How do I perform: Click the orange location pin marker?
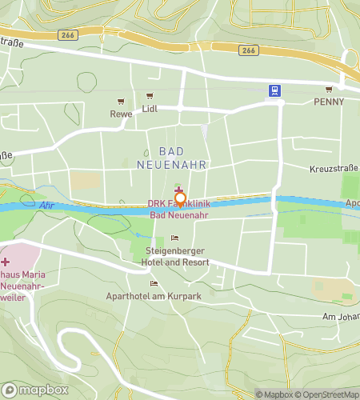pos(180,199)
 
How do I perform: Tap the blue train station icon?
pos(274,90)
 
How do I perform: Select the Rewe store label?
pos(121,114)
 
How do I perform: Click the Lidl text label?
pos(150,108)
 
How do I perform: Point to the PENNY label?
pos(329,102)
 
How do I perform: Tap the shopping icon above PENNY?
pos(329,89)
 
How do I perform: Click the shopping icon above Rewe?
pos(121,101)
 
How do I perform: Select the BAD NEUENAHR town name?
pos(182,158)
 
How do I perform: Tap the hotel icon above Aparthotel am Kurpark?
pos(154,283)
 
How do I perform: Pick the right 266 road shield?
pos(249,50)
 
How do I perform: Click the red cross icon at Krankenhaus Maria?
pos(6,262)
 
